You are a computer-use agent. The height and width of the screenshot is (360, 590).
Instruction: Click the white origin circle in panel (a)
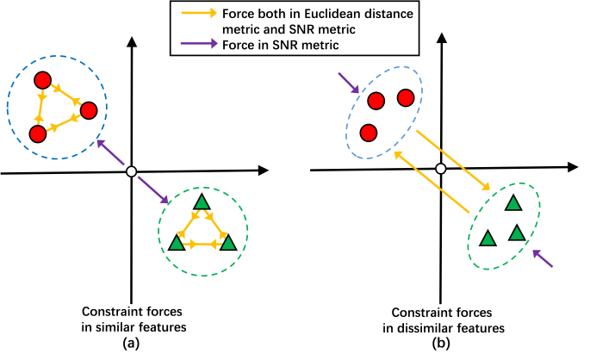click(131, 172)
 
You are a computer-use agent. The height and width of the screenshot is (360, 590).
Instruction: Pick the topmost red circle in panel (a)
click(41, 80)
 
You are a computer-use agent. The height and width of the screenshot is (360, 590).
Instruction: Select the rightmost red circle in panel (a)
click(88, 109)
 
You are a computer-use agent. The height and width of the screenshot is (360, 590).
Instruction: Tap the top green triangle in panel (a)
click(202, 202)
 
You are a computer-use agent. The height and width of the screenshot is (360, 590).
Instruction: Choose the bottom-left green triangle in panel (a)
click(177, 243)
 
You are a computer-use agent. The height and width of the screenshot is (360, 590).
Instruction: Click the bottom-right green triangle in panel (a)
click(227, 243)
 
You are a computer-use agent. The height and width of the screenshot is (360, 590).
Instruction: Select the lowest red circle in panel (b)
click(369, 133)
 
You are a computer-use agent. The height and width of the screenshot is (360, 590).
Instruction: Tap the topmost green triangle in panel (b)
click(513, 203)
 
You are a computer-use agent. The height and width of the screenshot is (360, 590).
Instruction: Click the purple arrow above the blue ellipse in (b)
click(350, 83)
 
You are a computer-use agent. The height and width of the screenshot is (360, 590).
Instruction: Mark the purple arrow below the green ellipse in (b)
click(543, 257)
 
